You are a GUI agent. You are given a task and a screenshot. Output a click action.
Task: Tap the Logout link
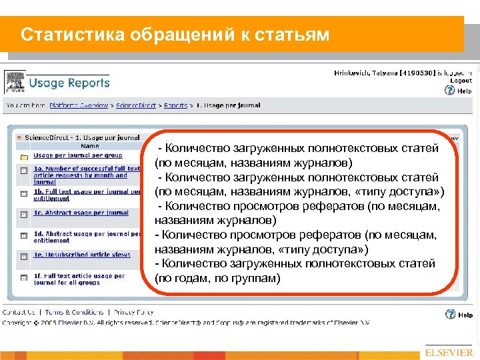point(461,80)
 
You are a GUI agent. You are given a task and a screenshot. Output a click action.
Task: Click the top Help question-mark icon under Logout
point(449,90)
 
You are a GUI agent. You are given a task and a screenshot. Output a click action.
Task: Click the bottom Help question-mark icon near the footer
point(449,315)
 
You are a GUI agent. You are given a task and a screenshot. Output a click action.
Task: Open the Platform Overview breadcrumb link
point(78,105)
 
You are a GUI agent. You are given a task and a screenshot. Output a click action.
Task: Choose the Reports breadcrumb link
point(176,105)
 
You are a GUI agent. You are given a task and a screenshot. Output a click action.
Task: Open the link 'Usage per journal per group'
point(77,155)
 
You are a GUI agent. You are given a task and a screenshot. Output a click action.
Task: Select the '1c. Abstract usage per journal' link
point(81,213)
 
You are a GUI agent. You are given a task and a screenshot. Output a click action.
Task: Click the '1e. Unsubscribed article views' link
point(82,255)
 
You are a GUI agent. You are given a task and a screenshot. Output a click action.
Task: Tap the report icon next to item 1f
point(23,277)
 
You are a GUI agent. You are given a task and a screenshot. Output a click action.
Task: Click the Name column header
point(90,146)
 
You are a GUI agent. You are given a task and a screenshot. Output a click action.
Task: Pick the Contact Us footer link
point(19,312)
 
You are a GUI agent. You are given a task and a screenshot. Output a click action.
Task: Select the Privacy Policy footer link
point(133,312)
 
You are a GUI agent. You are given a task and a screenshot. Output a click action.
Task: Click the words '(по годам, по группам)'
point(217,277)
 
